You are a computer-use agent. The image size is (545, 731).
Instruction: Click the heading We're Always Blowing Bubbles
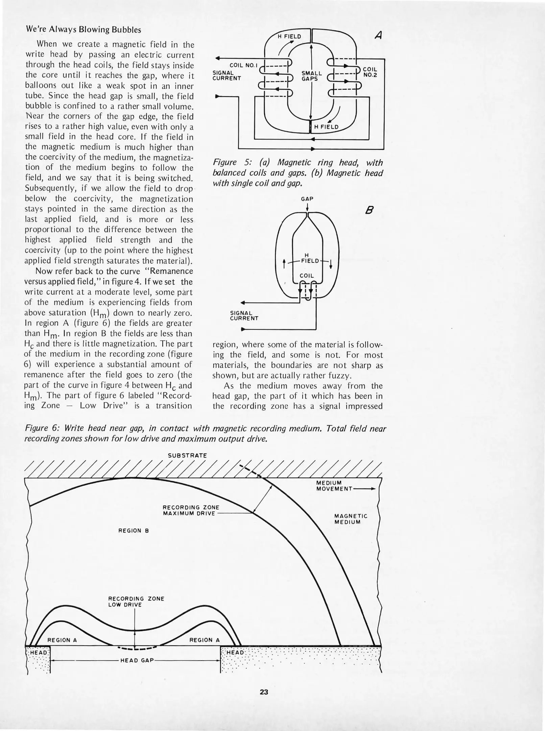[83, 30]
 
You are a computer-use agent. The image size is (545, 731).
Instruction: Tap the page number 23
[264, 692]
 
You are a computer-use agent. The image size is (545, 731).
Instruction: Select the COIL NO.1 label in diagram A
[243, 65]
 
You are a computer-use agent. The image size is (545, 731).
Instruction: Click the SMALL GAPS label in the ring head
[311, 76]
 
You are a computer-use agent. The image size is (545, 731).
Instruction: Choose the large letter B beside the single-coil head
[370, 211]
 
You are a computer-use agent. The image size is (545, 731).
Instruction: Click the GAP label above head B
[307, 199]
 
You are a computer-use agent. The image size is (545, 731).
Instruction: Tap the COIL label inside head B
[307, 276]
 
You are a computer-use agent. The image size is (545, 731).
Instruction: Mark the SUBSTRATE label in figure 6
[187, 456]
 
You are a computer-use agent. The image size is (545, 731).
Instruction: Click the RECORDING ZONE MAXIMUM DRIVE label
[191, 510]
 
